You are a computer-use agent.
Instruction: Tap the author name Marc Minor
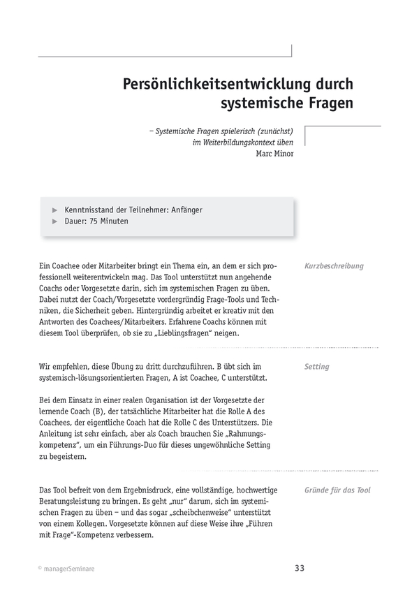(274, 154)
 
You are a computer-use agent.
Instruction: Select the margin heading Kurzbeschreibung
(334, 266)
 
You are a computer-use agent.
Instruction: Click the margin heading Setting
(317, 366)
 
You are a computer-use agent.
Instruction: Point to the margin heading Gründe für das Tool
(337, 490)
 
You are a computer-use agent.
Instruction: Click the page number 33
(300, 568)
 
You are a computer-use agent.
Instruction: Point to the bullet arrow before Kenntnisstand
(55, 210)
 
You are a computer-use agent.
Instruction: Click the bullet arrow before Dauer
(55, 221)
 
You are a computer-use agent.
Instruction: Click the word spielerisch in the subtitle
(223, 130)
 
